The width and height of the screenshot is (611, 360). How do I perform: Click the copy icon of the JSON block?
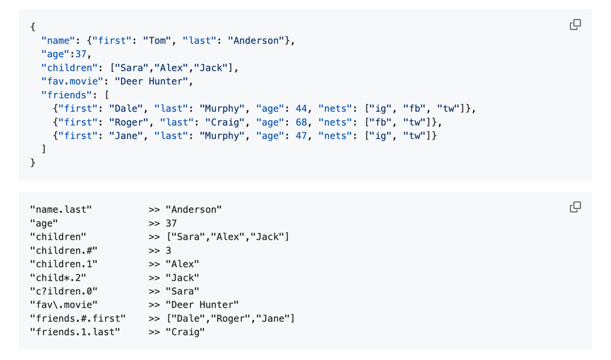[575, 24]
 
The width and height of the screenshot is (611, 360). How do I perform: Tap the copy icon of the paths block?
[575, 206]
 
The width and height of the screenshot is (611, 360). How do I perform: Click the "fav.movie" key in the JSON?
[70, 82]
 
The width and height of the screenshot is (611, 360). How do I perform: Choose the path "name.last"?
[61, 210]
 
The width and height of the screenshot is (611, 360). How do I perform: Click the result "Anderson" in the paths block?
[194, 210]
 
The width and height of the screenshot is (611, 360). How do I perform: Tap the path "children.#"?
[64, 251]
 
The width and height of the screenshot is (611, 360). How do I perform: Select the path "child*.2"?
[58, 278]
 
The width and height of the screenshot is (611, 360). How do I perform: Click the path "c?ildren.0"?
[64, 291]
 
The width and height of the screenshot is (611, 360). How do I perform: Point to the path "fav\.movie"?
[64, 305]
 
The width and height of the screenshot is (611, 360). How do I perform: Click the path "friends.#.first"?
[78, 319]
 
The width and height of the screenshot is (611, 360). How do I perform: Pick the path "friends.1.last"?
[75, 332]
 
